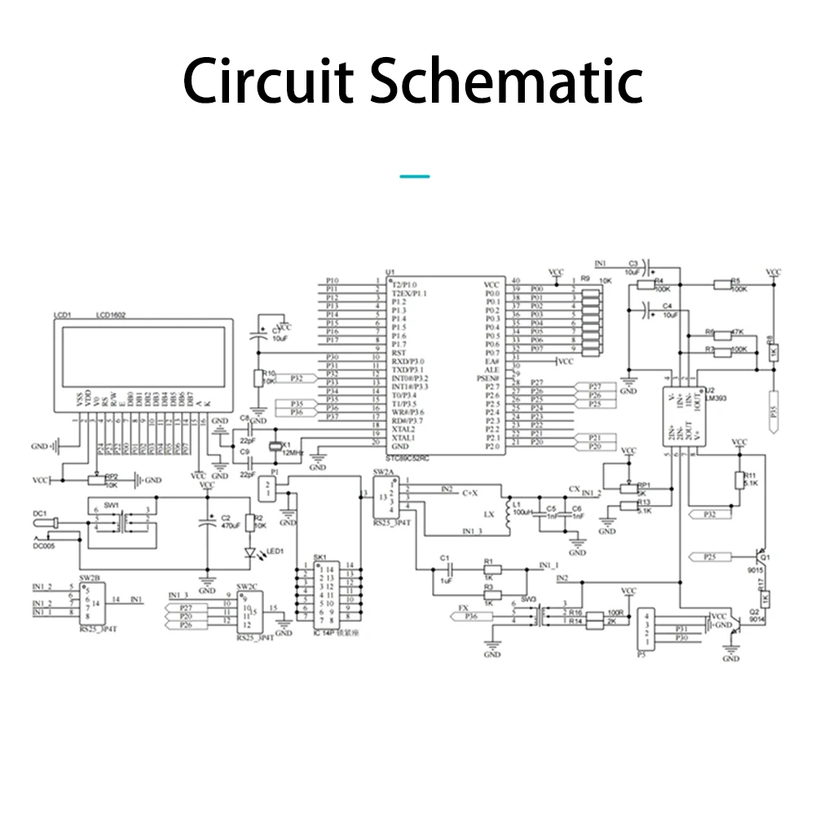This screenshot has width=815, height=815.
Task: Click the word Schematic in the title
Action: pyautogui.click(x=506, y=81)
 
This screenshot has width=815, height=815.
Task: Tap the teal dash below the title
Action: pyautogui.click(x=416, y=176)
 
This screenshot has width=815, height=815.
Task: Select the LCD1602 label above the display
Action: pyautogui.click(x=111, y=315)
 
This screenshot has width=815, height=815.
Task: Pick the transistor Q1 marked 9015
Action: pyautogui.click(x=762, y=558)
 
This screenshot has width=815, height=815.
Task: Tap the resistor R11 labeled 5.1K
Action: pyautogui.click(x=739, y=480)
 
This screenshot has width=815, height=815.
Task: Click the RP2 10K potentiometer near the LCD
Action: pyautogui.click(x=97, y=479)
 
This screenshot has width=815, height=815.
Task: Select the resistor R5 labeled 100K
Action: pyautogui.click(x=721, y=284)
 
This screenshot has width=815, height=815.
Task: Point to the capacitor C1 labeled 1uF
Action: pyautogui.click(x=446, y=568)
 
